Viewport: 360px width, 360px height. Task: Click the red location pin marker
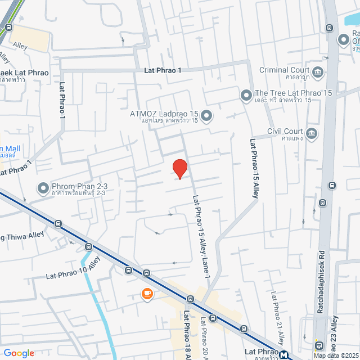coord(179,168)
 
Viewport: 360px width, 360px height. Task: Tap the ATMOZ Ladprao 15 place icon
coord(206,116)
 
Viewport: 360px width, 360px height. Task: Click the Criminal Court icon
coord(318,73)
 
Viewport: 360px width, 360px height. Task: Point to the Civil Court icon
coord(312,134)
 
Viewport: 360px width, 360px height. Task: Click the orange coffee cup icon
coord(147,294)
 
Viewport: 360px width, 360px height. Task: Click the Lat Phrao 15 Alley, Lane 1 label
coord(201,236)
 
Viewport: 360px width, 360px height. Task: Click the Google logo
coord(19,353)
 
